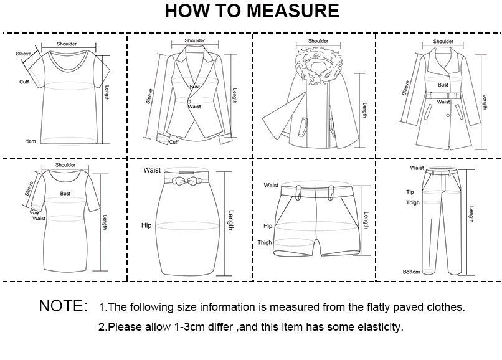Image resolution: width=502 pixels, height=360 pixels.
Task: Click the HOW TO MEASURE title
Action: click(252, 12)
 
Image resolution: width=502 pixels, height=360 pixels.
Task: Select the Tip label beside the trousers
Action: click(410, 192)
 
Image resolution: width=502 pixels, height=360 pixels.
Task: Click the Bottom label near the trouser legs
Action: click(410, 272)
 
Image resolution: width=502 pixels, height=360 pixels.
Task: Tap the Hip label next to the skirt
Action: click(146, 225)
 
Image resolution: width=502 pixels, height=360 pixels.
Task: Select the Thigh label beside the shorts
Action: click(265, 242)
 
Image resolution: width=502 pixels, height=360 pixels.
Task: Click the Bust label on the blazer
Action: click(195, 87)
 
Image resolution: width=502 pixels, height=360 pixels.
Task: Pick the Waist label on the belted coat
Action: click(443, 102)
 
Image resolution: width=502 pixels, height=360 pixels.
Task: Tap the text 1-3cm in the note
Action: click(181, 326)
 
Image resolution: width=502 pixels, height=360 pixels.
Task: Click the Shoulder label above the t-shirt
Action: click(67, 44)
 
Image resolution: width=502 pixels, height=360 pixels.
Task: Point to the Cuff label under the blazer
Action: click(174, 142)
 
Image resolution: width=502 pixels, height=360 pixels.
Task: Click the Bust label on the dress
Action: click(65, 194)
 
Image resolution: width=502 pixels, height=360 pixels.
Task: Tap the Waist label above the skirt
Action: click(151, 170)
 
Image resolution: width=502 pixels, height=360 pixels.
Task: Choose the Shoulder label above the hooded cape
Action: click(318, 42)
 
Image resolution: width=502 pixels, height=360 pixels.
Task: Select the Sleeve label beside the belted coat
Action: click(406, 88)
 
